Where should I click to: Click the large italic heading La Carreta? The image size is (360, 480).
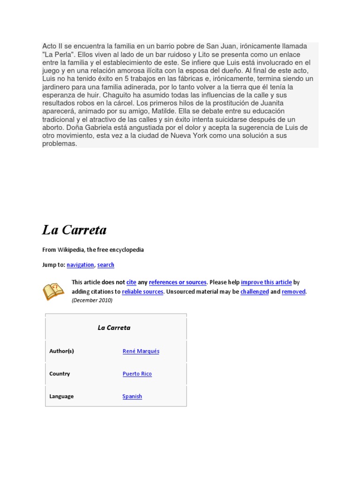pos(75,230)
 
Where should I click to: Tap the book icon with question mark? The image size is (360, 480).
pos(53,291)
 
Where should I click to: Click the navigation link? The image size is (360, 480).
pos(80,265)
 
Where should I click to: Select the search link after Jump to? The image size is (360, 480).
pos(105,265)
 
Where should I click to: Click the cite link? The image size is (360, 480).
pos(131,282)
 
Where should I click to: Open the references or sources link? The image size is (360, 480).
pos(178,282)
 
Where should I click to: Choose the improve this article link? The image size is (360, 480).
pos(266,282)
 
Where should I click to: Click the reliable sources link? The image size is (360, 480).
pos(142,292)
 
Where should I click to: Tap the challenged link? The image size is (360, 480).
pos(255,292)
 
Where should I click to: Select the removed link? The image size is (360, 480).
pos(293,292)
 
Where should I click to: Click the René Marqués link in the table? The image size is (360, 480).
pos(141,351)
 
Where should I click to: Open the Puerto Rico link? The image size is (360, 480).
pos(137,374)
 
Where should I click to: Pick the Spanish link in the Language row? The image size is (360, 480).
pos(132,396)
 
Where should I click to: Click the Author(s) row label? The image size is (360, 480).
pos(61,351)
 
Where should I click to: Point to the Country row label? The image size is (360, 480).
pos(60,374)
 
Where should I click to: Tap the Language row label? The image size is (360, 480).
pos(61,396)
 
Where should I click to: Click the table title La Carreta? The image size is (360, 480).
pos(114,328)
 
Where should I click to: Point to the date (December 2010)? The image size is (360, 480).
pos(92,300)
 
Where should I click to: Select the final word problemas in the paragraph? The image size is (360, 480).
pos(60,143)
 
